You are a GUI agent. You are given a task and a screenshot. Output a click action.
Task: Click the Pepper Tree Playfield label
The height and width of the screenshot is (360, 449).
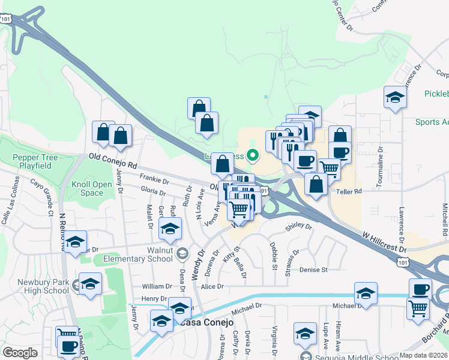35,161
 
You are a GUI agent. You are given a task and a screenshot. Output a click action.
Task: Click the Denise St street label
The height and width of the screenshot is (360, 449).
313,270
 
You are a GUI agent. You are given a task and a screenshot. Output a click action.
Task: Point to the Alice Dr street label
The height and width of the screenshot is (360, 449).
212,287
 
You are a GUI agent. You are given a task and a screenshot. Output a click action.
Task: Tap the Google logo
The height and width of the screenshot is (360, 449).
20,353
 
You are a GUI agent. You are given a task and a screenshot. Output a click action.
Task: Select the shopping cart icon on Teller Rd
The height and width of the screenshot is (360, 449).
329,169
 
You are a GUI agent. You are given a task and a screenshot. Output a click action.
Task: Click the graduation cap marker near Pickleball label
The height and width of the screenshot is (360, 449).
395,98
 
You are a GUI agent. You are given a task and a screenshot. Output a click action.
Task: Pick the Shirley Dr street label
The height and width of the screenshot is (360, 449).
299,227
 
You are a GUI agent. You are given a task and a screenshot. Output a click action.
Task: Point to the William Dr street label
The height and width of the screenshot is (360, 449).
157,287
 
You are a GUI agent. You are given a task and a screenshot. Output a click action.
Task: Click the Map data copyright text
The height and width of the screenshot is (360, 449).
424,355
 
